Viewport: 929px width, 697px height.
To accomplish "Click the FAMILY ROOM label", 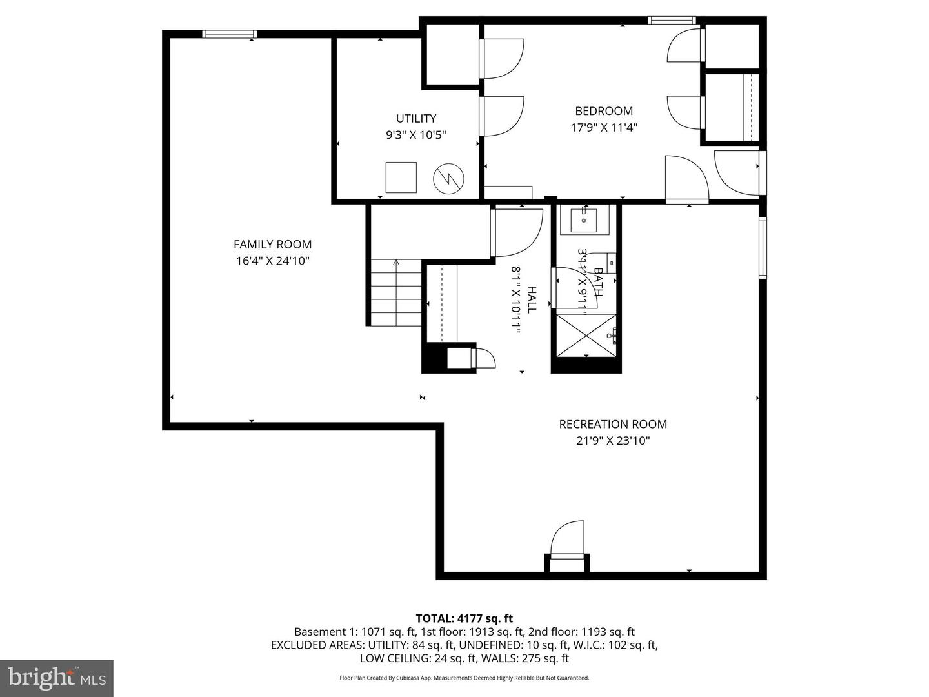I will [272, 245].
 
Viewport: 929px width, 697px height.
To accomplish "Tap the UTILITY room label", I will [416, 118].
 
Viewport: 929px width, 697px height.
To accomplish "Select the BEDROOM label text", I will [604, 111].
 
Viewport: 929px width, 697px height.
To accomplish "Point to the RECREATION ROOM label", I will [613, 424].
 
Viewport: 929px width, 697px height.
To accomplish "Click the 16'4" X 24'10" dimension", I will [272, 261].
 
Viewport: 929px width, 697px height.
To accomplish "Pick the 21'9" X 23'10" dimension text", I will [613, 441].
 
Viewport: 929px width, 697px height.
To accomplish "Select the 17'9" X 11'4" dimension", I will [604, 128].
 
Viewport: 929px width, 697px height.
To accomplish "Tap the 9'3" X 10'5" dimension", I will [416, 135].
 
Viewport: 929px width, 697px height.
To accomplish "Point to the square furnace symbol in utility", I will [401, 177].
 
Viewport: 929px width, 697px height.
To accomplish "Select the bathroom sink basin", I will [584, 220].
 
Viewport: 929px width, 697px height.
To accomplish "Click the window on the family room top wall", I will [230, 34].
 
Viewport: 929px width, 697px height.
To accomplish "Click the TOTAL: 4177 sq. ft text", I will [464, 619].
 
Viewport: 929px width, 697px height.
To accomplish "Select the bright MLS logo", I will [57, 678].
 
